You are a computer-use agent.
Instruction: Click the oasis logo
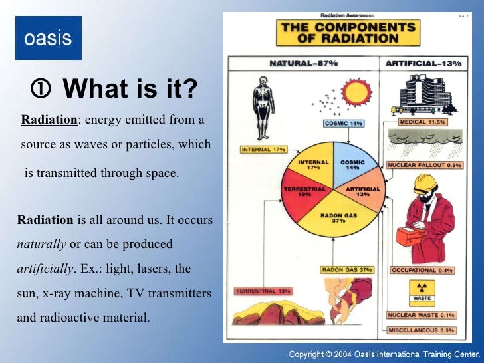point(48,38)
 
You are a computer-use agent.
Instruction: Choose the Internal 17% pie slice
point(312,164)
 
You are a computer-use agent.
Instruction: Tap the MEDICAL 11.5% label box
point(422,122)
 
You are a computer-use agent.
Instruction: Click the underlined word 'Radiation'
point(49,120)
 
